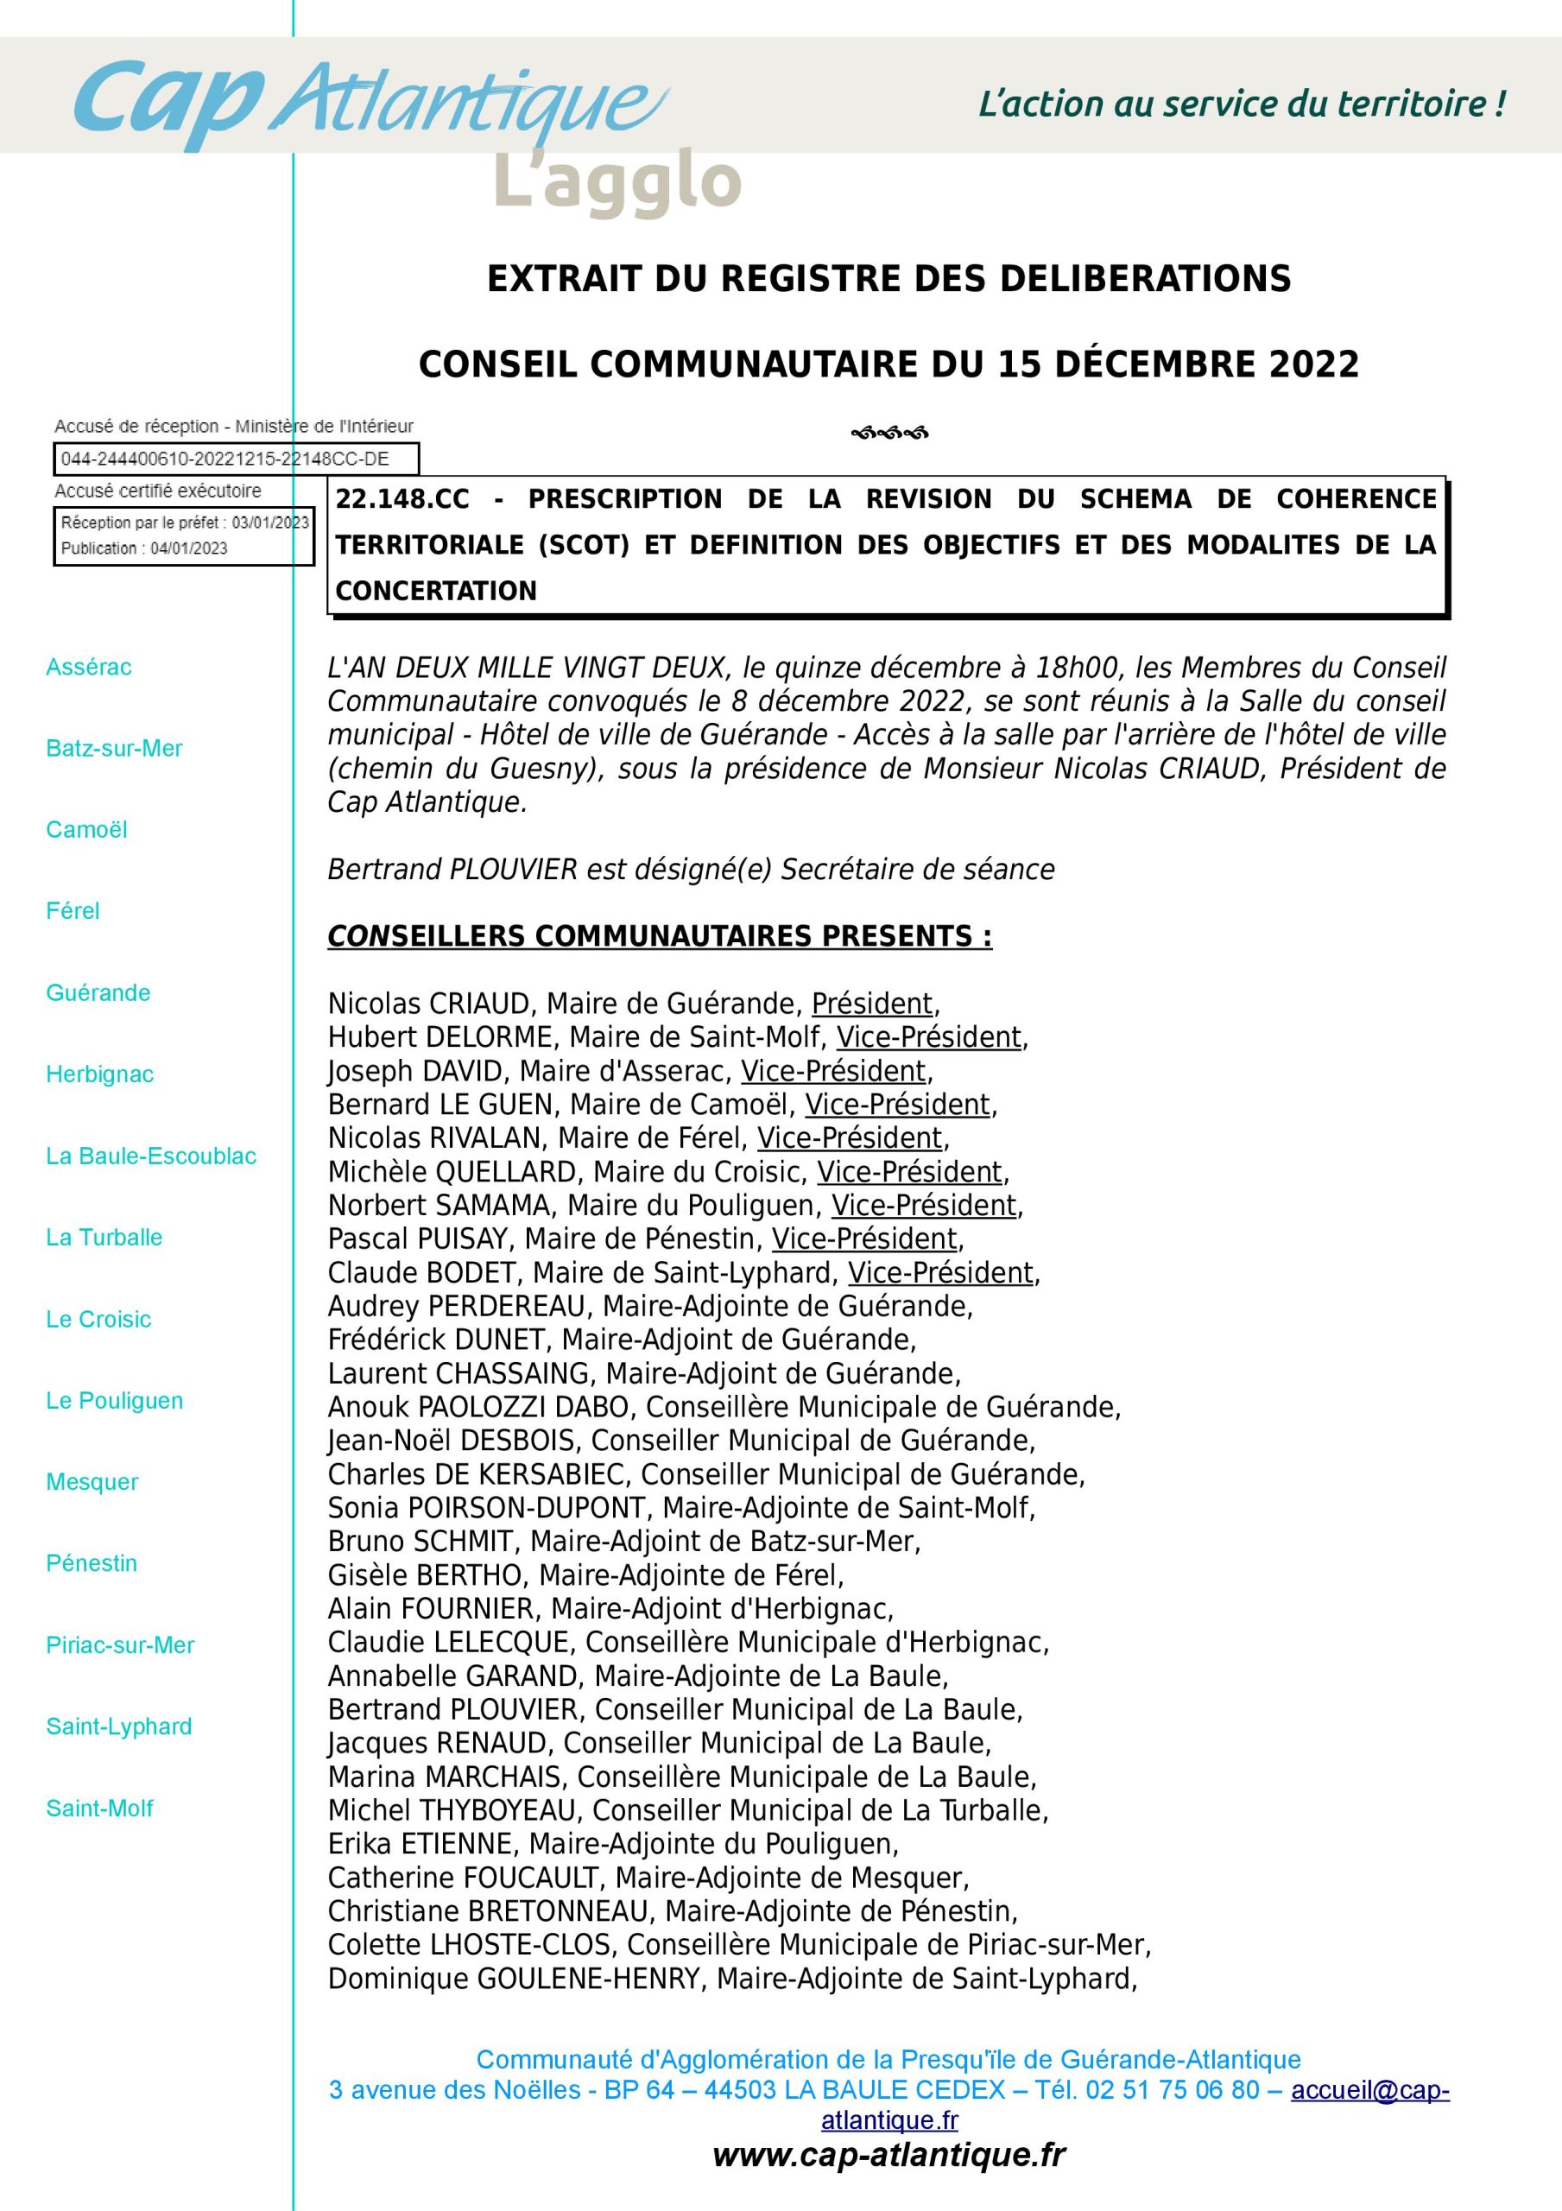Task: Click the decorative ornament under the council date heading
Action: tap(889, 434)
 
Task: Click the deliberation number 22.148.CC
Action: tap(402, 499)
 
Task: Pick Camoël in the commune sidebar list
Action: tap(86, 830)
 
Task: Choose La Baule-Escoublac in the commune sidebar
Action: tap(151, 1156)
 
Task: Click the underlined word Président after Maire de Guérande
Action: tap(871, 1004)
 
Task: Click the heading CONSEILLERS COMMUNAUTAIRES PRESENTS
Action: tap(659, 937)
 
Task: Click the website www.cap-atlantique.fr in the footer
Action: tap(888, 2154)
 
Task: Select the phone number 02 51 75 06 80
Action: tap(1172, 2090)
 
